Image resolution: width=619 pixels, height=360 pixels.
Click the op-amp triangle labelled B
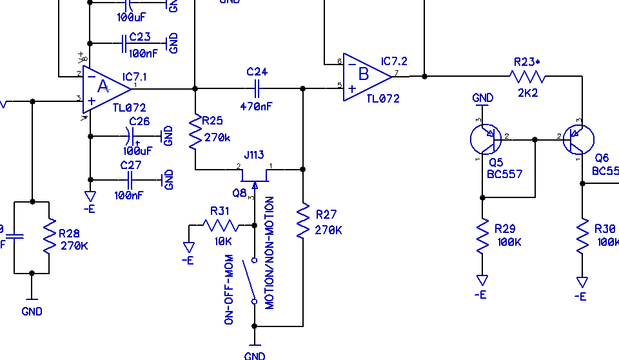click(x=366, y=75)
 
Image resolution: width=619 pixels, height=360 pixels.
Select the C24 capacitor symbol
click(x=257, y=88)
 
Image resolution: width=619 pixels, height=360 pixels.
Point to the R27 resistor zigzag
click(x=302, y=220)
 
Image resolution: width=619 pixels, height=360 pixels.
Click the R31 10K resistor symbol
click(x=221, y=225)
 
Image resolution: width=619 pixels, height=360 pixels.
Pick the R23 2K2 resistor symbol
click(x=527, y=76)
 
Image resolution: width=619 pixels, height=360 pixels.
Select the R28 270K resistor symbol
click(x=49, y=237)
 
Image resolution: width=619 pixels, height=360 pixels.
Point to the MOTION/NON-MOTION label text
click(x=270, y=253)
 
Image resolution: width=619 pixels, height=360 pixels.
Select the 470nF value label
click(x=257, y=106)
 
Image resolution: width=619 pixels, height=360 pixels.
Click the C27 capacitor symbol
click(x=130, y=179)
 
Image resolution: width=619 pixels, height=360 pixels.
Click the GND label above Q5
click(x=483, y=98)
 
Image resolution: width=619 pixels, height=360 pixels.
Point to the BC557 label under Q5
click(x=504, y=174)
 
